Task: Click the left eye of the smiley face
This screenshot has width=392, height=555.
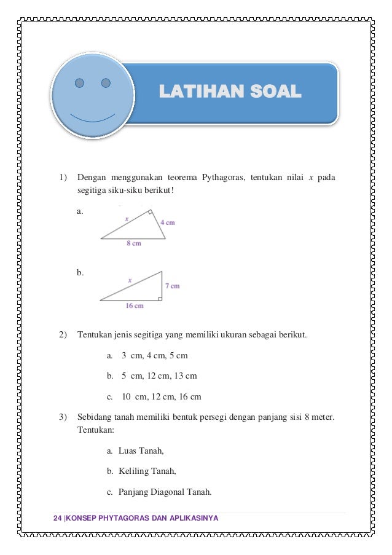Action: [x=79, y=82]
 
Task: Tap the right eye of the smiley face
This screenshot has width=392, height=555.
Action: [x=106, y=82]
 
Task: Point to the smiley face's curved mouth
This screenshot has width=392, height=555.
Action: [x=92, y=117]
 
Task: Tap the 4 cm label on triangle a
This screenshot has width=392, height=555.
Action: [x=167, y=222]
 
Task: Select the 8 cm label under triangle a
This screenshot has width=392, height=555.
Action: [x=134, y=243]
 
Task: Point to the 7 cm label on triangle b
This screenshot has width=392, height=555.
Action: [x=172, y=286]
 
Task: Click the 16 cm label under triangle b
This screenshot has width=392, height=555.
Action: [x=135, y=305]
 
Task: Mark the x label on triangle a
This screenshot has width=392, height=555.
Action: [x=127, y=218]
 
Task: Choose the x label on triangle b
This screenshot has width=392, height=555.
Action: [x=130, y=280]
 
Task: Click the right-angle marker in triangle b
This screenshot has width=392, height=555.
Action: [x=159, y=298]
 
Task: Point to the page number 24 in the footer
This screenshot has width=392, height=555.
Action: [x=58, y=519]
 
